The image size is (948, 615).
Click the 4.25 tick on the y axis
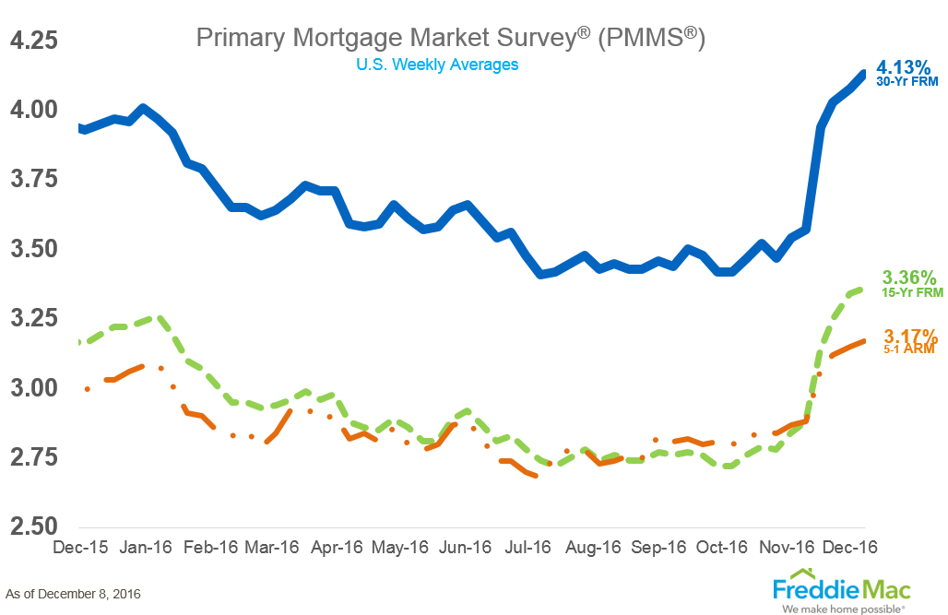tap(34, 42)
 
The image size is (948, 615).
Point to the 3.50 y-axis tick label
tap(34, 249)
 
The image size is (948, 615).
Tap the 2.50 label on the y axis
tap(34, 527)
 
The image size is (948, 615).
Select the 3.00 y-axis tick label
tap(34, 388)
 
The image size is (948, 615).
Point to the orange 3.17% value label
tap(910, 336)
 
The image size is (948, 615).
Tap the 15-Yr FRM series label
tap(909, 291)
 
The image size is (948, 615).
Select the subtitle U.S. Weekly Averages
tap(437, 65)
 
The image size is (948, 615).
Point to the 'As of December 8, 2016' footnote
tap(74, 593)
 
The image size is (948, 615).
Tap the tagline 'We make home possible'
tap(842, 608)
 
